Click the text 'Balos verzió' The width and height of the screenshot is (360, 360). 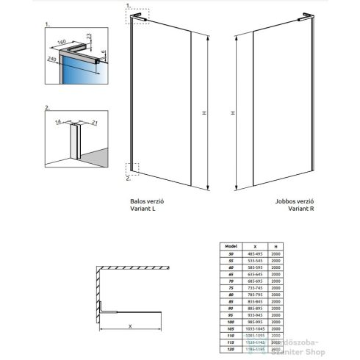pyautogui.click(x=143, y=200)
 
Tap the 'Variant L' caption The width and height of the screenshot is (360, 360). pyautogui.click(x=140, y=209)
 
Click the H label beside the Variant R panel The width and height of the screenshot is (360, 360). pyautogui.click(x=232, y=113)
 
